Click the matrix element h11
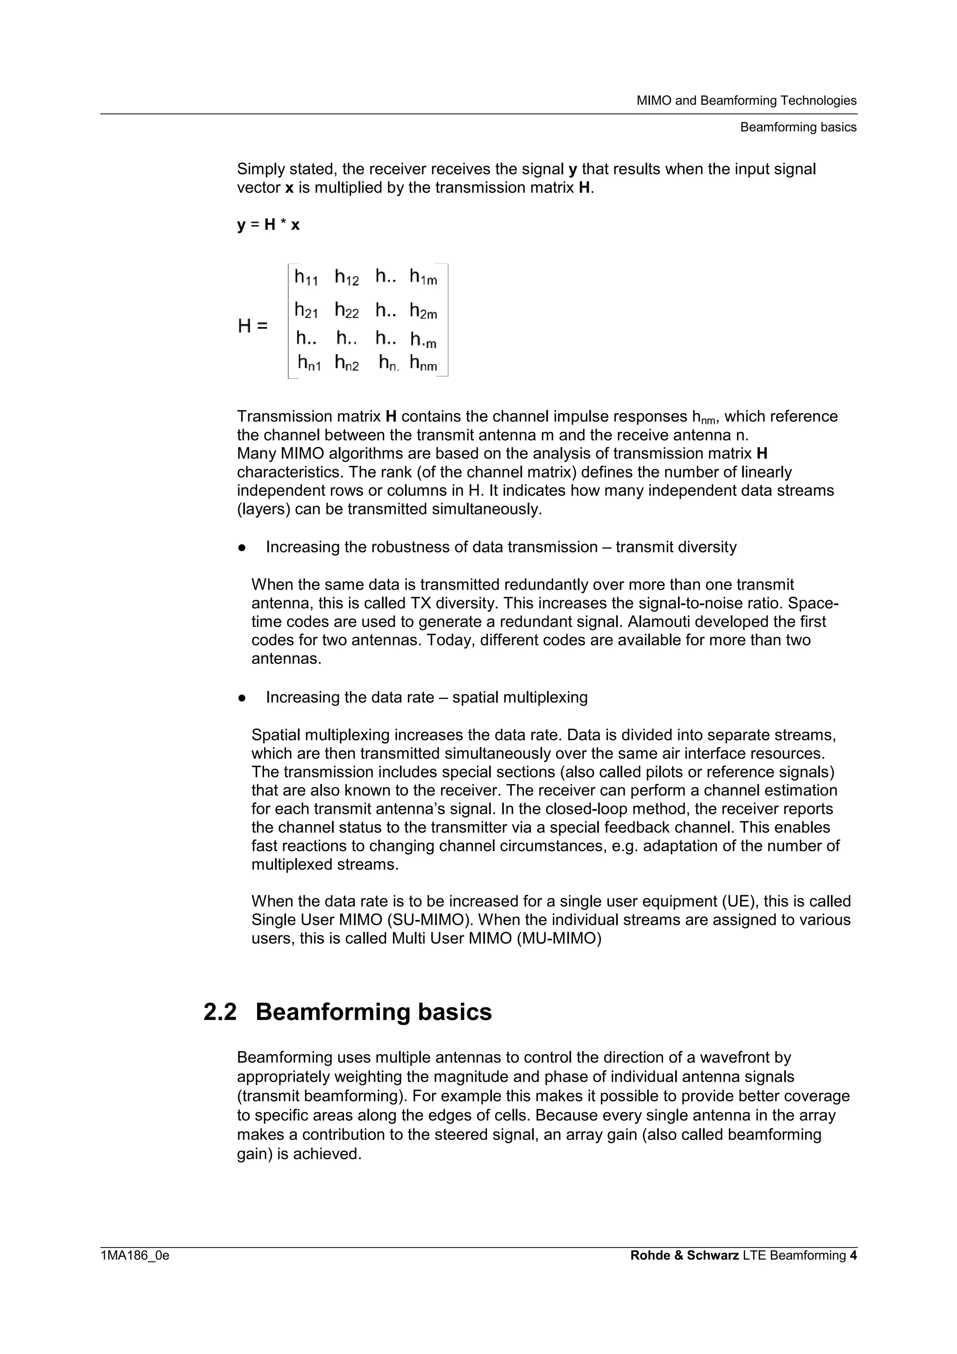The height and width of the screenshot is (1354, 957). (x=306, y=277)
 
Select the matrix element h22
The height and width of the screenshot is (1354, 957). (x=347, y=310)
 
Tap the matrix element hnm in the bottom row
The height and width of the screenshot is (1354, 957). (x=423, y=363)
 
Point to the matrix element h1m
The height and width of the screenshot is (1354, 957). (x=423, y=277)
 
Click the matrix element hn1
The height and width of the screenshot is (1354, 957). (x=309, y=363)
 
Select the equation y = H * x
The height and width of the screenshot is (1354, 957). (x=268, y=225)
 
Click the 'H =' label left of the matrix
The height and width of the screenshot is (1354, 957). (x=252, y=326)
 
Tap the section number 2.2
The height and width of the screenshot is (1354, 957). (x=220, y=1012)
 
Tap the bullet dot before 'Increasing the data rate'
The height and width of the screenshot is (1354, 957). (x=242, y=698)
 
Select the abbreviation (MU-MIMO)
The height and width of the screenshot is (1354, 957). (x=558, y=938)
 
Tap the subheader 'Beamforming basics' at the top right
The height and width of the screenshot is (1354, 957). (x=798, y=128)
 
